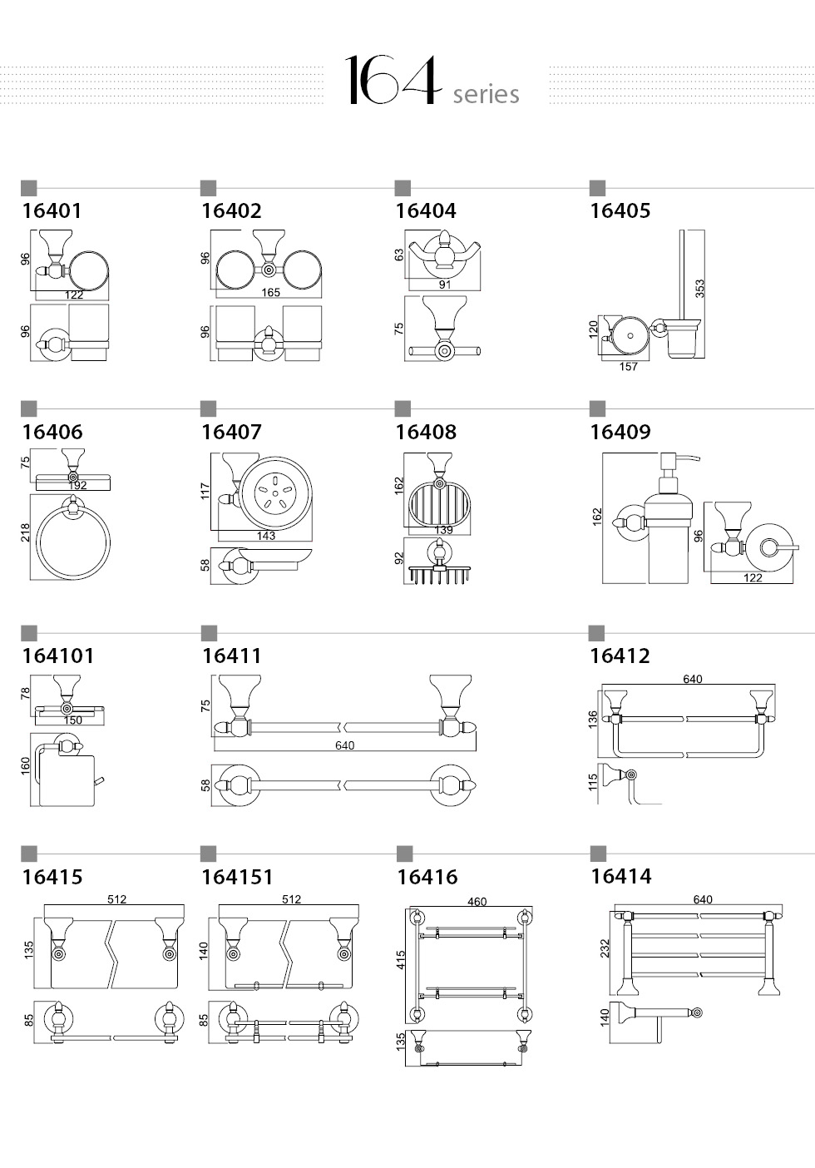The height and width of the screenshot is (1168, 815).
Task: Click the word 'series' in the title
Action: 486,94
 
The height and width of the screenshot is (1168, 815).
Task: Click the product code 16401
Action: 52,210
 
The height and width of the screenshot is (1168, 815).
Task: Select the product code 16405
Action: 620,210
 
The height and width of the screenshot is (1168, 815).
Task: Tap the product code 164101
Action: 58,656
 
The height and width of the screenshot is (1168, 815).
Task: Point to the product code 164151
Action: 237,877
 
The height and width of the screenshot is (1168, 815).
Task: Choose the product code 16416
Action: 427,877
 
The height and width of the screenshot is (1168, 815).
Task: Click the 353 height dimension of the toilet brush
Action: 700,289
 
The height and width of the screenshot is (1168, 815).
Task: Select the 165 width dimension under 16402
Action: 270,293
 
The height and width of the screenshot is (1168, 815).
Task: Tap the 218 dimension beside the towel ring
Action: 25,532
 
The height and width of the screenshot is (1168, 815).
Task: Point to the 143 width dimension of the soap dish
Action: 266,536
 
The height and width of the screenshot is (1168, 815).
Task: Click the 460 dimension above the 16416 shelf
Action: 477,902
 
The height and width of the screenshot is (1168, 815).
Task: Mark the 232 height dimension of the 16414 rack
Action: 604,948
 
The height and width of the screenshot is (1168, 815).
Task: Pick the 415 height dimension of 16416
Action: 400,960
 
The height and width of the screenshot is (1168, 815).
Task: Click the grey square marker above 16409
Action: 597,408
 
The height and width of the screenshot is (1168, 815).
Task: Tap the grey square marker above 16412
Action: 596,633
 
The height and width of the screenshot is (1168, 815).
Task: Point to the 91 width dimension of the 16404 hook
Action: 444,285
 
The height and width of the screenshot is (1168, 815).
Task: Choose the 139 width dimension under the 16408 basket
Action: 443,530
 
